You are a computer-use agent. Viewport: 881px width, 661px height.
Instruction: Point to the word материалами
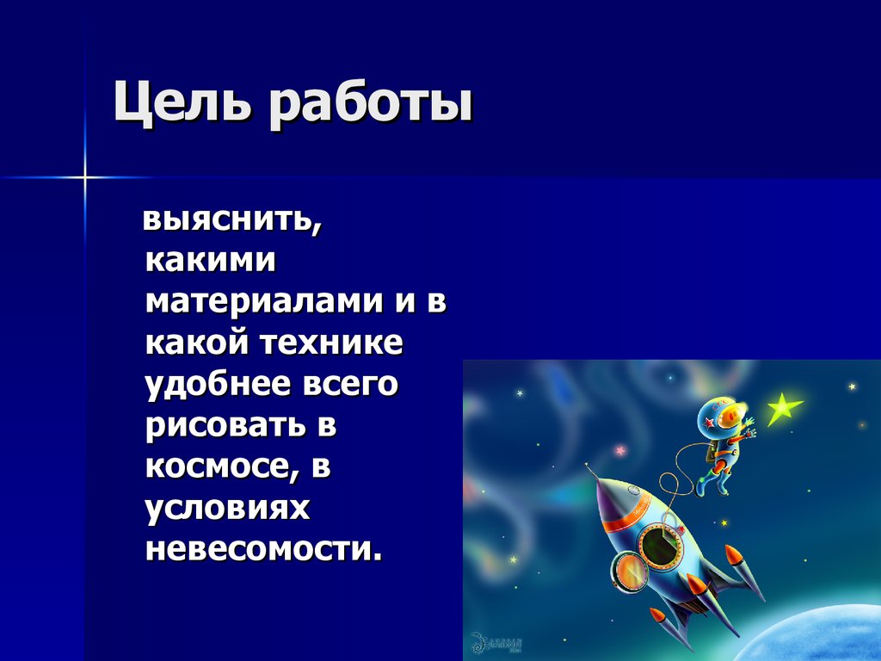pyautogui.click(x=262, y=302)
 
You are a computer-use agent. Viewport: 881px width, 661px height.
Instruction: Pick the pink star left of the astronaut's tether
pyautogui.click(x=619, y=450)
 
